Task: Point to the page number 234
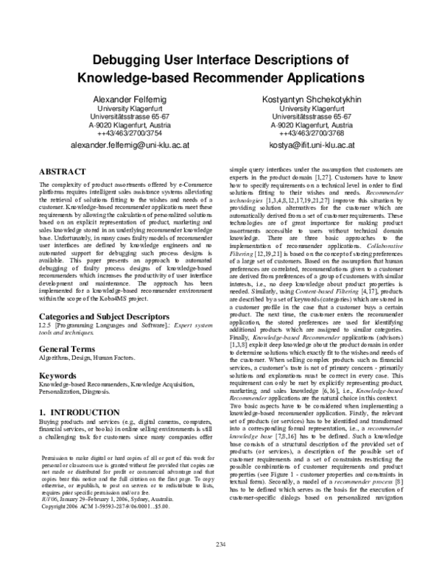220,544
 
